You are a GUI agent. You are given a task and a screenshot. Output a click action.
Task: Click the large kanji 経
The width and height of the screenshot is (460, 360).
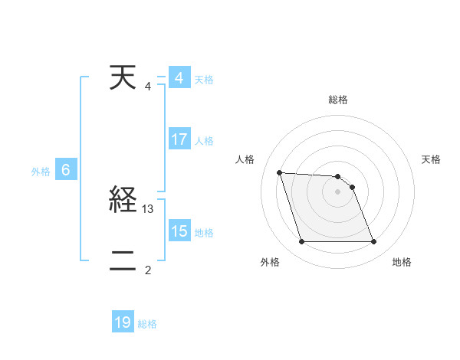pos(123,201)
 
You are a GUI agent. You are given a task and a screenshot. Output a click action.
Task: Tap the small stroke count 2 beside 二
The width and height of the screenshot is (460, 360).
pos(148,270)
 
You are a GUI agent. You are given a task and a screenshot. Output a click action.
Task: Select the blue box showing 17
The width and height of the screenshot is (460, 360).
pos(179,139)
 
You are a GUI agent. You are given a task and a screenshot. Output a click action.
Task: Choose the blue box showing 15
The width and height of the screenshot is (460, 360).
pos(179,231)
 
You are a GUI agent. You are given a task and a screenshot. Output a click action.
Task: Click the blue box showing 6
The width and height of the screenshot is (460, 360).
pos(66,170)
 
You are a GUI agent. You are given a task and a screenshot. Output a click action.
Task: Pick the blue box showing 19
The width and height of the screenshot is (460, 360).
pos(123,322)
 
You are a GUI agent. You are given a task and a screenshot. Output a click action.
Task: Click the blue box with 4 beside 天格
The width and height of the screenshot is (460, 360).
pos(179,78)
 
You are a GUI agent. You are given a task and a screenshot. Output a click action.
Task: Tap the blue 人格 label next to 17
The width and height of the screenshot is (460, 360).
pos(204,141)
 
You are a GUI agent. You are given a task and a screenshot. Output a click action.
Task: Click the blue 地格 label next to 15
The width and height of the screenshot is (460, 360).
pos(204,233)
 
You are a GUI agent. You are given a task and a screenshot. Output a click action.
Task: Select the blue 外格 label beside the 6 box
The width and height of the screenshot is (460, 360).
pos(41,172)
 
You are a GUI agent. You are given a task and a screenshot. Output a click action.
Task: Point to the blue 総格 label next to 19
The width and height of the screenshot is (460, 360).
pos(147,324)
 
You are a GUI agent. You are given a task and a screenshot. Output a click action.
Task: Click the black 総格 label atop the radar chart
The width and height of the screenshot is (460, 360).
pos(338,100)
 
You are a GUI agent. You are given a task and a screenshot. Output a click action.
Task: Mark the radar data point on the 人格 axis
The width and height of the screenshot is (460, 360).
pos(279,172)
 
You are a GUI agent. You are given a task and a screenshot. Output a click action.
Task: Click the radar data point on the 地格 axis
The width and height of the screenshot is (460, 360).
pos(374,242)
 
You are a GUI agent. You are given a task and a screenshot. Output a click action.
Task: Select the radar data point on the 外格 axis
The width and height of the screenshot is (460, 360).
pos(301,242)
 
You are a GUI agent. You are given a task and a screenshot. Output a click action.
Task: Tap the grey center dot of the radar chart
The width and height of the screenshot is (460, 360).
pos(338,191)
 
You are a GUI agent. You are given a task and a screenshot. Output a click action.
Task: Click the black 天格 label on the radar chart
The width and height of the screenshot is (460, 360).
pos(432,159)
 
